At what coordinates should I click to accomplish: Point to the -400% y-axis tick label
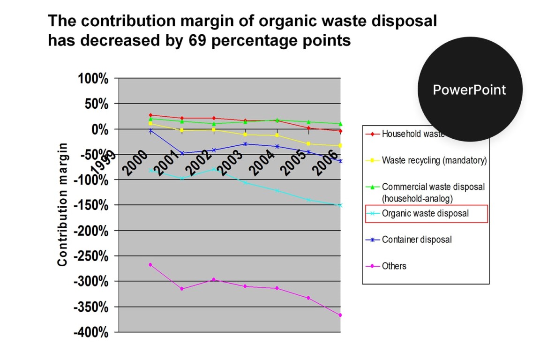coord(91,332)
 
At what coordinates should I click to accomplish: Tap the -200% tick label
coord(91,231)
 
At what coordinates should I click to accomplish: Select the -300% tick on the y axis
coord(91,282)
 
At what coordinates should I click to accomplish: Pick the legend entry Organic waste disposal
coord(425,213)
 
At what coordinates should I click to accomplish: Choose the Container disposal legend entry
coord(417,240)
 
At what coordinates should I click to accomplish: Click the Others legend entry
coord(394,266)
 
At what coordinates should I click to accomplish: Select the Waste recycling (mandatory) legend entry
coord(434,160)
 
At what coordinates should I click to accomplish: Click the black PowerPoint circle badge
coord(469,90)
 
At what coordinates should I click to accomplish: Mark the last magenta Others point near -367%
coord(340,315)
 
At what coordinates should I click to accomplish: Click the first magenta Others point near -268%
coord(150,265)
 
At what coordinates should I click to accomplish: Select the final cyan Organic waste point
coord(340,205)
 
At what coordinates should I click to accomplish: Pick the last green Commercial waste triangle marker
coord(340,124)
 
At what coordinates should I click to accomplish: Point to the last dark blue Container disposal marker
coord(340,161)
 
